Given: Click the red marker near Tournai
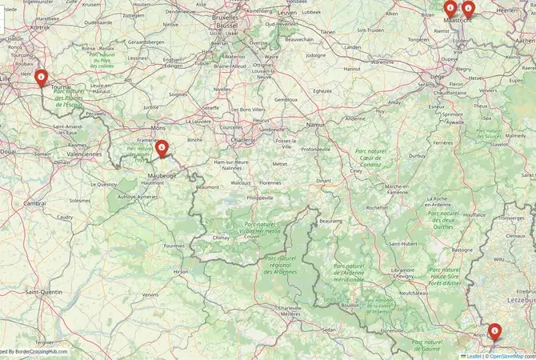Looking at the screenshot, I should click(x=41, y=77).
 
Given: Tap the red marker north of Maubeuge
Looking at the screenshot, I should click(x=161, y=147).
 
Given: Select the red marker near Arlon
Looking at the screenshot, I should click(x=494, y=330).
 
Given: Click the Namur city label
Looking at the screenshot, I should click(x=317, y=126).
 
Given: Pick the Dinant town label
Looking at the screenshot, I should click(x=323, y=180).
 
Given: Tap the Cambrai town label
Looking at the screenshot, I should click(x=34, y=203).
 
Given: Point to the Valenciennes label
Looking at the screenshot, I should click(x=84, y=154).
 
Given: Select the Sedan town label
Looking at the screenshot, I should click(x=328, y=329).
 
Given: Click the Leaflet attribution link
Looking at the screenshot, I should click(x=474, y=354).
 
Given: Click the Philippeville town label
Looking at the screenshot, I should click(x=260, y=197).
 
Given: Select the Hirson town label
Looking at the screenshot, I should click(x=182, y=272).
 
